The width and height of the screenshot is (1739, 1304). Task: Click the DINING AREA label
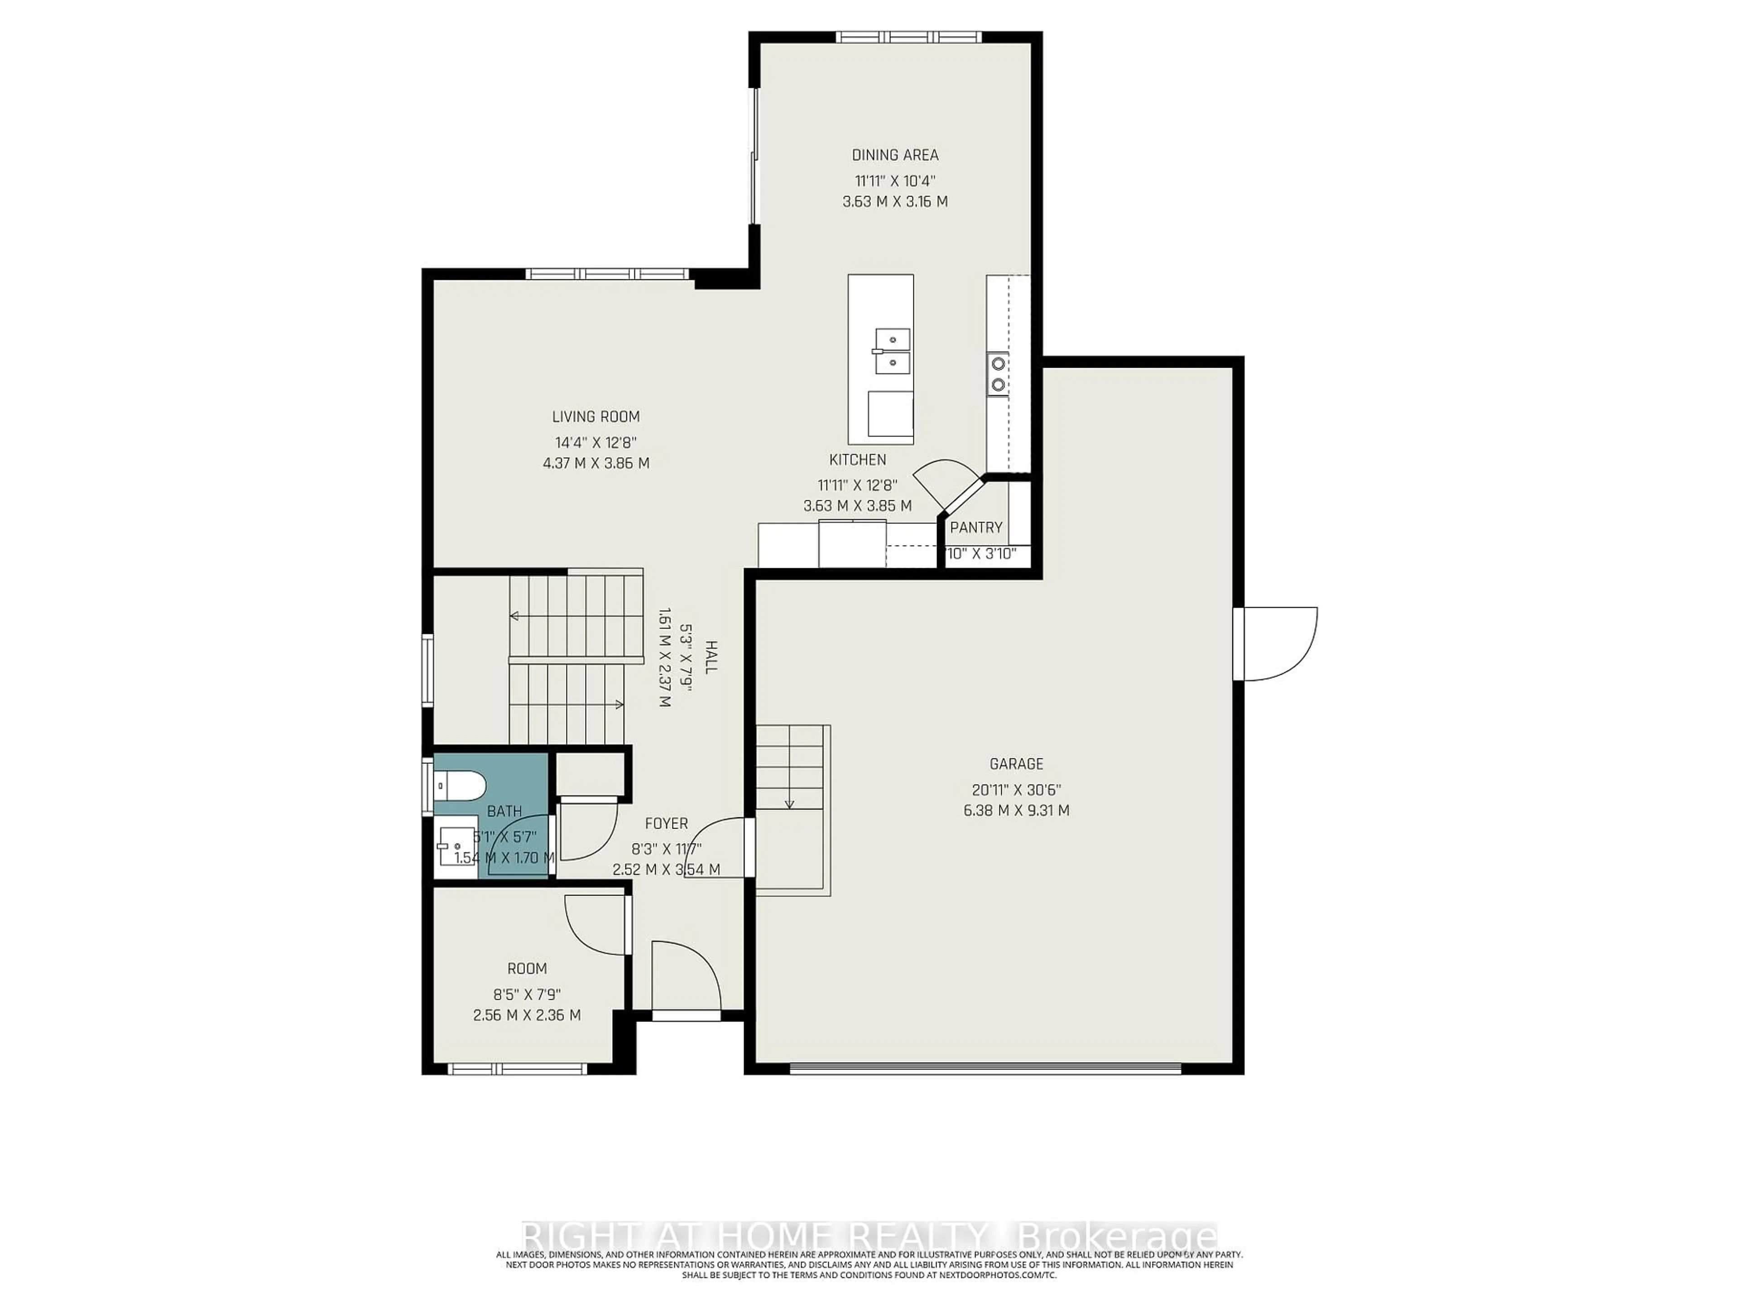click(895, 155)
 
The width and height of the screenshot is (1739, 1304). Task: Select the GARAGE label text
click(1016, 763)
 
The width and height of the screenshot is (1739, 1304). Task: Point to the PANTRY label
click(975, 527)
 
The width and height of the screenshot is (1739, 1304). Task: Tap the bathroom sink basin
click(454, 847)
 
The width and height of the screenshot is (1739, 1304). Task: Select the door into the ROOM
click(597, 926)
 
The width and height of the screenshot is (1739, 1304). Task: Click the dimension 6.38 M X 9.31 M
click(1016, 810)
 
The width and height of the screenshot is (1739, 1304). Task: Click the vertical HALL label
click(710, 657)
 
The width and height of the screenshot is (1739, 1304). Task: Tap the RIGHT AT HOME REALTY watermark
click(869, 1233)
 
